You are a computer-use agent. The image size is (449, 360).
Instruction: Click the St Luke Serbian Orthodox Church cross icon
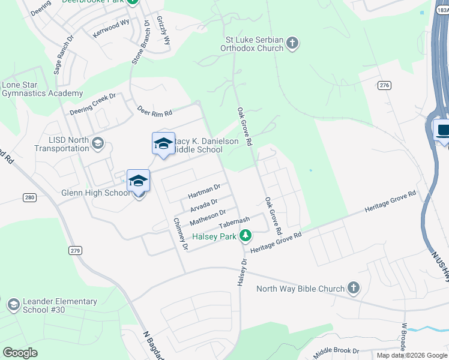click(x=292, y=43)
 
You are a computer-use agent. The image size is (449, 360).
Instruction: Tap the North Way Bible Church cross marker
click(x=354, y=289)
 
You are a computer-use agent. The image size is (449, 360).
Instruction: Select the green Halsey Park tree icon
click(x=245, y=236)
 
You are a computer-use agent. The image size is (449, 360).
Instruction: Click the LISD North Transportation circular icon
click(x=98, y=144)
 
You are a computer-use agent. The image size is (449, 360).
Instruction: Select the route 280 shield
click(x=30, y=197)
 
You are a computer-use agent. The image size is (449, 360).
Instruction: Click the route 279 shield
click(x=74, y=250)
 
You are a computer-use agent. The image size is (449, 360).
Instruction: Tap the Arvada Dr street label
click(x=203, y=206)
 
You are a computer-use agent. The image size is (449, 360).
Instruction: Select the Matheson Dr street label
click(x=208, y=217)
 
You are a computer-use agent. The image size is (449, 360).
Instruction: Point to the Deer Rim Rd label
click(x=155, y=111)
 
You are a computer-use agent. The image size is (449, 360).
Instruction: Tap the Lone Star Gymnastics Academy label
click(x=42, y=89)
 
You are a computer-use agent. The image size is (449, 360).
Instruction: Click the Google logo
click(x=20, y=352)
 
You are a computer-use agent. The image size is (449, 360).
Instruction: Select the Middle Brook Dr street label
click(x=336, y=350)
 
